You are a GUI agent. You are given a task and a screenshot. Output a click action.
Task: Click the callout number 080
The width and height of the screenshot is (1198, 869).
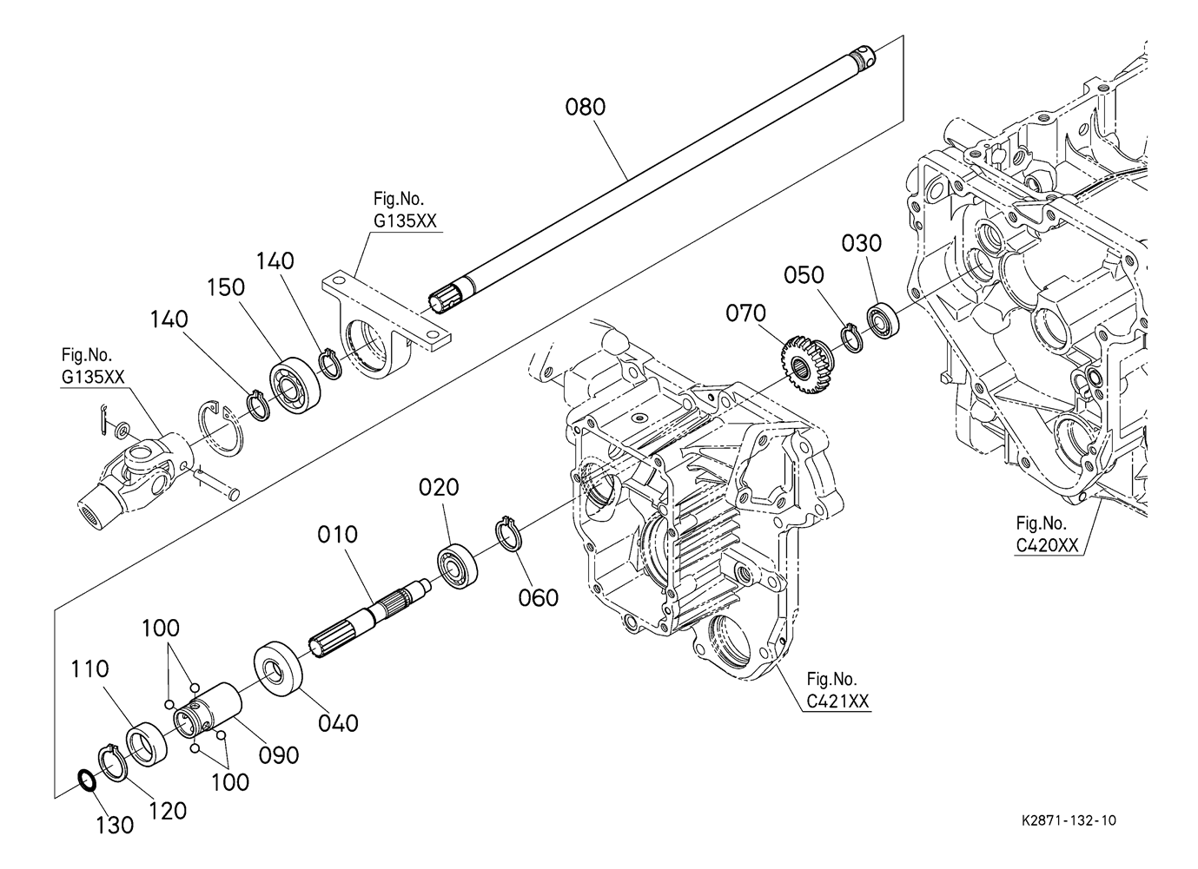point(585,107)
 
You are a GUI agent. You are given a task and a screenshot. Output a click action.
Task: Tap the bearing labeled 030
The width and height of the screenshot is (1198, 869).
point(883,320)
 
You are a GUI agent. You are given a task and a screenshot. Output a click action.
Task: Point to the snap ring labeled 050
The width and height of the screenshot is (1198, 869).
point(852,339)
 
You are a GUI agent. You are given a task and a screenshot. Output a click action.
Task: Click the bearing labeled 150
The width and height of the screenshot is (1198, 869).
point(295,379)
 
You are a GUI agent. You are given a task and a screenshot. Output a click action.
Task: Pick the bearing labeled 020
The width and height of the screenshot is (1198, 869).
point(458,566)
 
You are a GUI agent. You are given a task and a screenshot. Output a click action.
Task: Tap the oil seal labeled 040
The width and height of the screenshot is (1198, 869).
point(278,668)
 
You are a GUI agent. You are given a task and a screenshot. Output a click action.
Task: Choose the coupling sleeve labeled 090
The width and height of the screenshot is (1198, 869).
point(208,711)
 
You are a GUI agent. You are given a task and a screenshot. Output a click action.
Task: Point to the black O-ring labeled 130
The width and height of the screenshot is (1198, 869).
point(87,780)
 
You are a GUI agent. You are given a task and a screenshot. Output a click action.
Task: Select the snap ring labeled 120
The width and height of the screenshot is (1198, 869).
point(112,763)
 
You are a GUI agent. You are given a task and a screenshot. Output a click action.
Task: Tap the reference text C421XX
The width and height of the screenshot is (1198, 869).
point(837,701)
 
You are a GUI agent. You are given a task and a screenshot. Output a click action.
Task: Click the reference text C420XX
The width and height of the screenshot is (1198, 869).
point(1047,545)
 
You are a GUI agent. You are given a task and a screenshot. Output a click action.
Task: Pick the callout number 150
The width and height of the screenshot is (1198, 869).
point(226,288)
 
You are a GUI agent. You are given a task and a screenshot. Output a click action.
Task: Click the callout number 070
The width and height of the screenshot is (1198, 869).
point(745,313)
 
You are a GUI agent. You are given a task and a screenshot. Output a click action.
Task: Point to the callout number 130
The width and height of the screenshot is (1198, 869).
point(115,826)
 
